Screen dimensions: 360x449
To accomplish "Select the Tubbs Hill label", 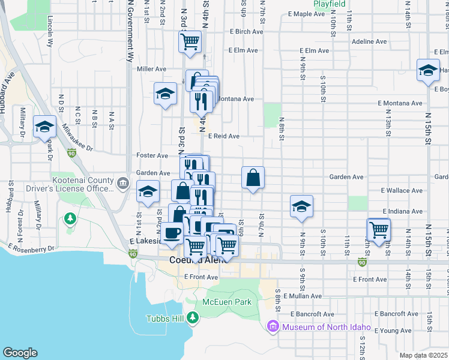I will [x=167, y=318].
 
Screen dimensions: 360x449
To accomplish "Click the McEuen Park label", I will [x=226, y=302].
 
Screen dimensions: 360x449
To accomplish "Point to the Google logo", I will [x=20, y=353].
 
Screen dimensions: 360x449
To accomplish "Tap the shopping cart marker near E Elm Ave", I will [x=190, y=42].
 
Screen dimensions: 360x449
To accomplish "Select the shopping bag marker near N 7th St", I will [x=253, y=177].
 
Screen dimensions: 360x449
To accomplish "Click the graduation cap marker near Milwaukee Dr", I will [x=44, y=126].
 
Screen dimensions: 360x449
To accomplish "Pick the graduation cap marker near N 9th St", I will [x=301, y=206].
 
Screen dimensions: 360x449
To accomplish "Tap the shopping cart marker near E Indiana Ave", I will [x=379, y=229].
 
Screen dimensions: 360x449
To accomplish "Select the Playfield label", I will [x=330, y=4].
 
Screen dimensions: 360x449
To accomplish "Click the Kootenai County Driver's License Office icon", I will [x=123, y=182].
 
